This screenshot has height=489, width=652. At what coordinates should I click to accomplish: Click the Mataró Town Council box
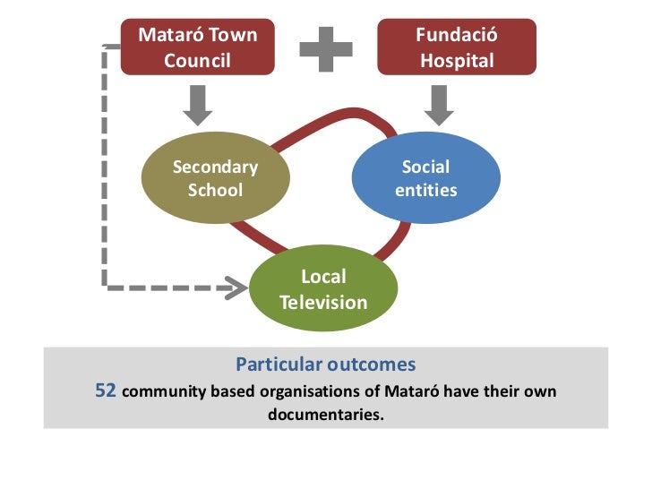click(197, 47)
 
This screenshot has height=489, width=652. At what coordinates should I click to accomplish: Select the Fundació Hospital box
click(457, 47)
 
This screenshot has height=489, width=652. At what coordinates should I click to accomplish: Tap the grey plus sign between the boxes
click(325, 48)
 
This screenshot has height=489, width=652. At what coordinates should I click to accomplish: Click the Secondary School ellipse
click(215, 178)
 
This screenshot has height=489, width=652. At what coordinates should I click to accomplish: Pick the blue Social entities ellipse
click(425, 178)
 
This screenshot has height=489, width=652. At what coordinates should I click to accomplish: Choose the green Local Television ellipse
click(323, 289)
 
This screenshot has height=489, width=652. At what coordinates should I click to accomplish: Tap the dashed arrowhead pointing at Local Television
click(237, 287)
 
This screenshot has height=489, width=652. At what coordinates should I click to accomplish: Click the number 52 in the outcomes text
click(106, 391)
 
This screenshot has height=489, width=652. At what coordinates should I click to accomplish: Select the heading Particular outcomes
click(325, 365)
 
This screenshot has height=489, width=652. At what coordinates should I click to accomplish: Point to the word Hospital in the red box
click(457, 61)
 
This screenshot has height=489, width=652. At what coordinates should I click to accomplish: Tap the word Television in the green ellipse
click(323, 302)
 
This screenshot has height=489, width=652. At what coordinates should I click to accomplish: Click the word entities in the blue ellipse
click(425, 190)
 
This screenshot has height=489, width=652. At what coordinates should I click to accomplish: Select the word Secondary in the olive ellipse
click(215, 167)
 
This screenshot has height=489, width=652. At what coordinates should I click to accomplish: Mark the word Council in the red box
click(197, 61)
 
